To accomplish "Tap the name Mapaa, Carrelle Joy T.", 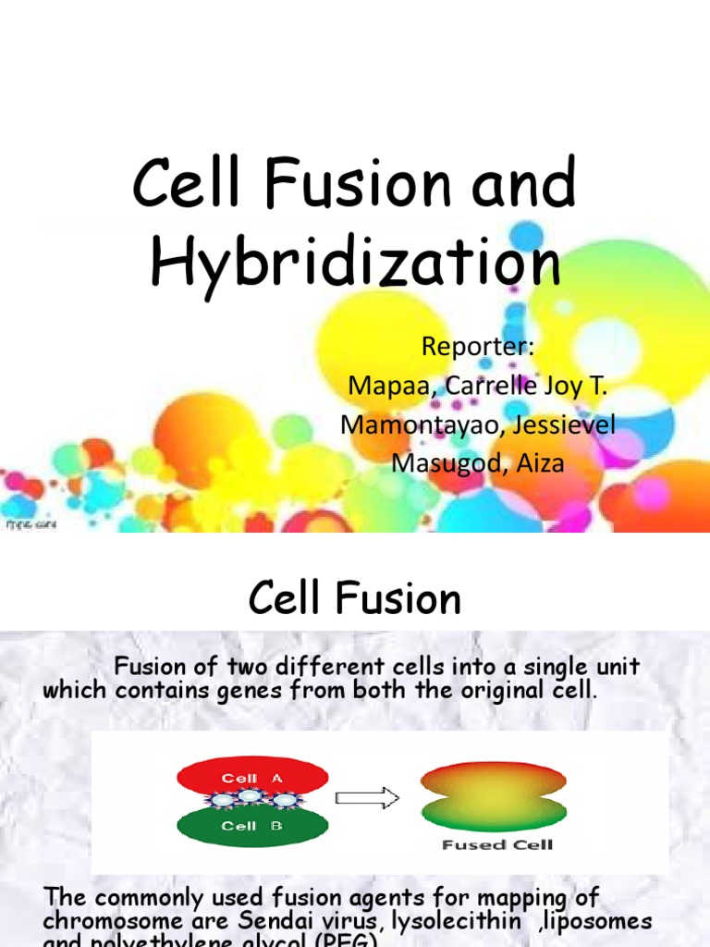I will pos(478,385).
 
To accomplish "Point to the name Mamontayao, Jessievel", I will pos(478,424).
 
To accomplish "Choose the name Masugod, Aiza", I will pos(478,462).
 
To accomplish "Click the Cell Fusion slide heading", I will pos(355,599).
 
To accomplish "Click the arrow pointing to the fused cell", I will pos(366,797).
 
